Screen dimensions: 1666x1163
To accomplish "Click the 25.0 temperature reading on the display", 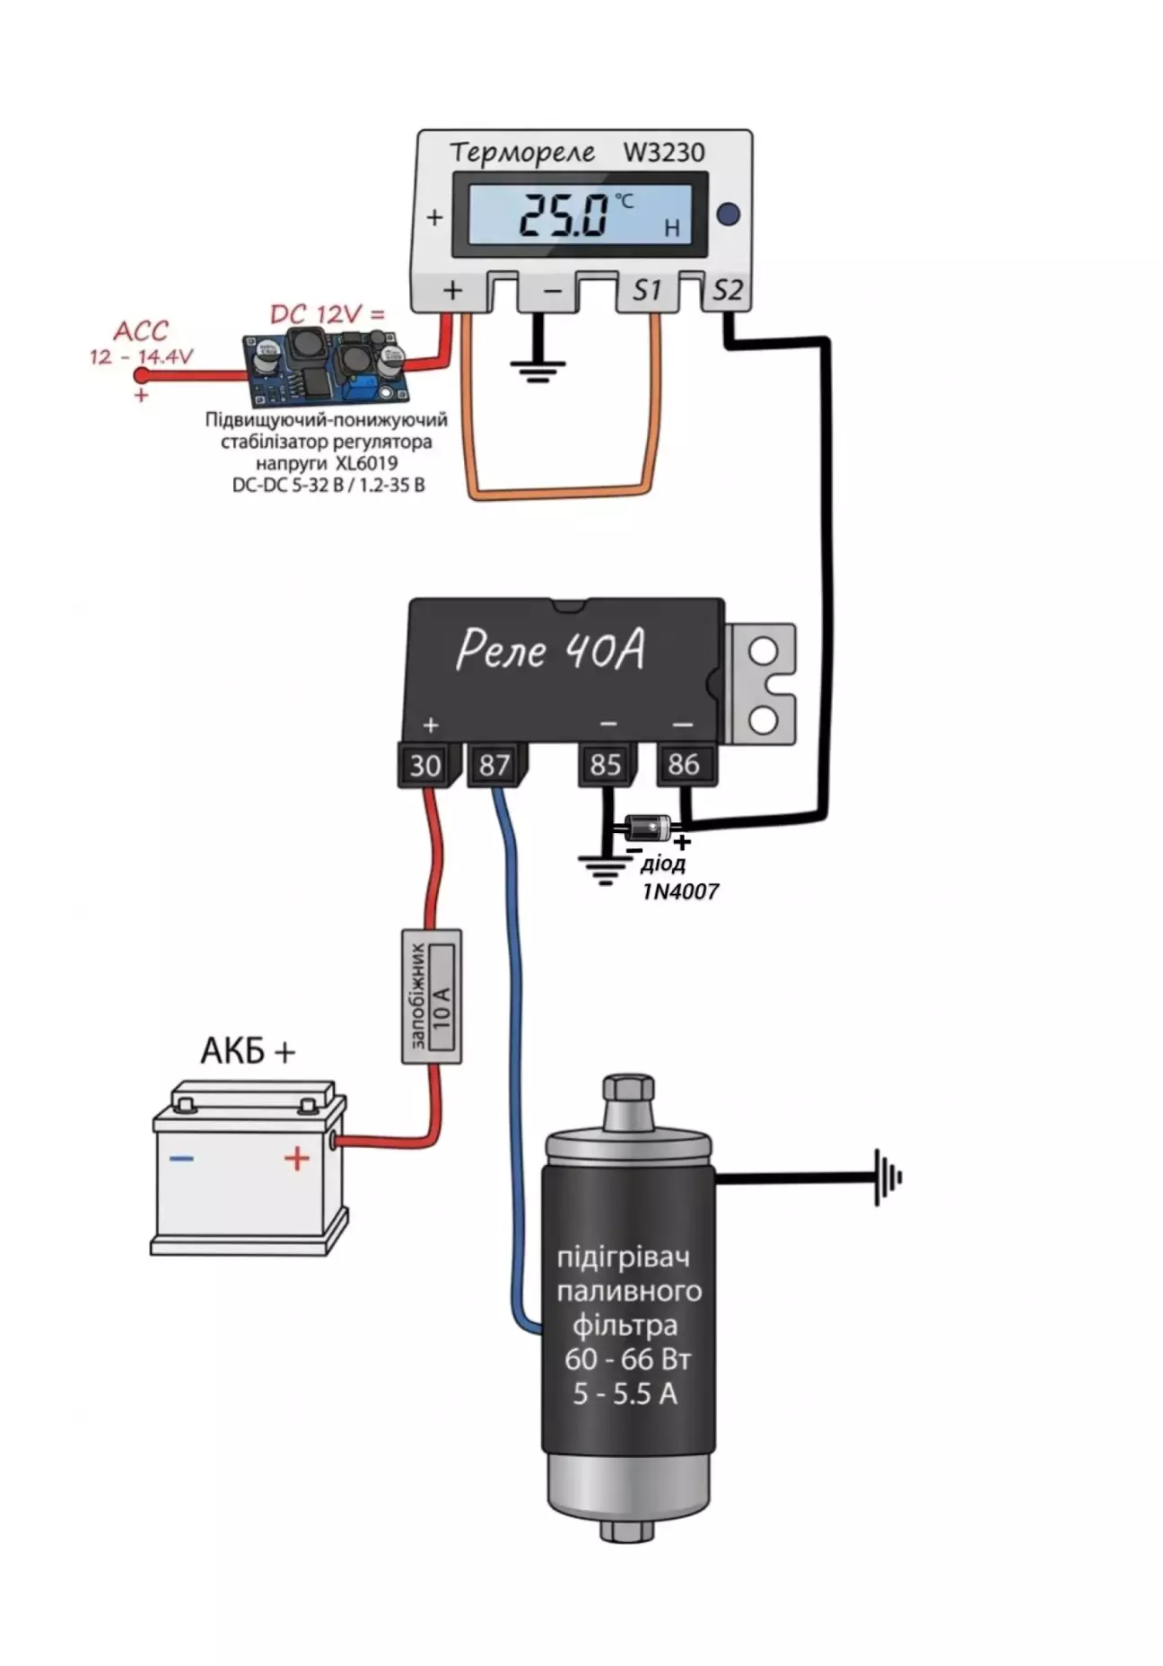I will click(x=564, y=215).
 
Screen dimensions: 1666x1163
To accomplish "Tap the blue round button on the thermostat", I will click(x=729, y=215).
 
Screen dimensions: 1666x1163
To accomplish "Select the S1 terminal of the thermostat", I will click(x=646, y=291).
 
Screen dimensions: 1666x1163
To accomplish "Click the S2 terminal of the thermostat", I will click(x=727, y=291).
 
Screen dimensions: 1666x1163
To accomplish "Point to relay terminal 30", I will click(x=424, y=766).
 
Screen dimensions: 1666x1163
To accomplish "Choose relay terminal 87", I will click(x=494, y=766).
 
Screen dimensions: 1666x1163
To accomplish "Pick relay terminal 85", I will click(x=606, y=765).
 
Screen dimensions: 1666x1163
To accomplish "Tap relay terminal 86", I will click(x=684, y=764).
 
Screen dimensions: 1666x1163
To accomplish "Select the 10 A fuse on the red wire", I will click(x=432, y=996).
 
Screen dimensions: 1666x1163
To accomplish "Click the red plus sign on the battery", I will click(x=297, y=1158).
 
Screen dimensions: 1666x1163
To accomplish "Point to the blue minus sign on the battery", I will click(x=181, y=1159).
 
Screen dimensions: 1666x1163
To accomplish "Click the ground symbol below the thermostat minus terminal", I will click(x=538, y=368).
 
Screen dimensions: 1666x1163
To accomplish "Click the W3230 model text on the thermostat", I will click(x=664, y=153).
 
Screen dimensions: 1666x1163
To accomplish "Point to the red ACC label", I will click(x=140, y=331).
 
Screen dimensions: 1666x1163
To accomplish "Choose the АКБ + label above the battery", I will click(x=247, y=1050).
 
